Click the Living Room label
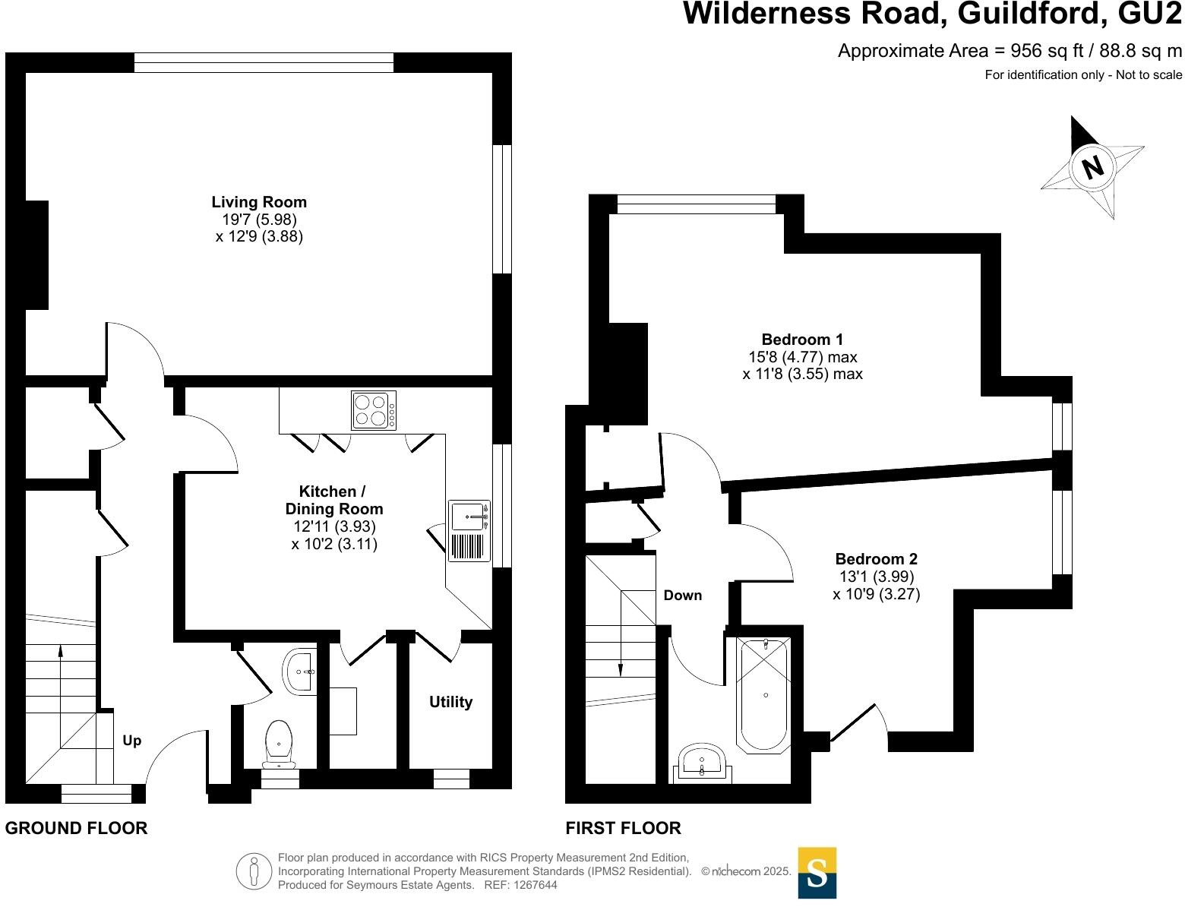(x=259, y=202)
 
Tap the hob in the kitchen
(x=374, y=410)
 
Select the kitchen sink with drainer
(x=469, y=530)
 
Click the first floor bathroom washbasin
(x=703, y=762)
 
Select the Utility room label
(x=450, y=702)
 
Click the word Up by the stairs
(x=132, y=741)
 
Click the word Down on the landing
(x=683, y=596)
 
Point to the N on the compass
(x=1093, y=167)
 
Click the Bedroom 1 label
(x=802, y=340)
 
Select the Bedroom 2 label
(x=877, y=559)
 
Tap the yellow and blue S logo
(x=817, y=873)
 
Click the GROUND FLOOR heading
(x=76, y=828)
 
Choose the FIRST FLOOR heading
(x=623, y=828)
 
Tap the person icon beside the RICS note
(x=254, y=871)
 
